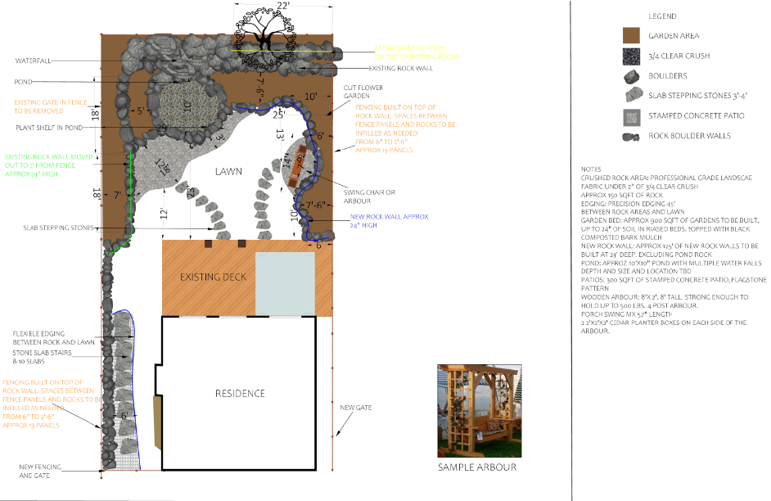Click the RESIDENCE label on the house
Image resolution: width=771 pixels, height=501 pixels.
(240, 394)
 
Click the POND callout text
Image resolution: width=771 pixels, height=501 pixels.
(23, 82)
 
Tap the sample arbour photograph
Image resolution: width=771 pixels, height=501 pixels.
(478, 408)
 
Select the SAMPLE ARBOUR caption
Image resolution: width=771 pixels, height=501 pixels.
(478, 467)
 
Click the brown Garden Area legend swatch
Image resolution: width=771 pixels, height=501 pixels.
(630, 35)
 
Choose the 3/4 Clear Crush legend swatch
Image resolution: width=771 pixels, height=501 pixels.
(630, 56)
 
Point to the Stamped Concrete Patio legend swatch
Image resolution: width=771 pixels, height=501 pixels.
(630, 115)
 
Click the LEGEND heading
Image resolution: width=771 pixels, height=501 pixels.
(662, 16)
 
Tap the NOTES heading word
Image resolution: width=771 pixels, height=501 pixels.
(590, 169)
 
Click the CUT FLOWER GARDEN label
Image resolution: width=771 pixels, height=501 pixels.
(361, 91)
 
